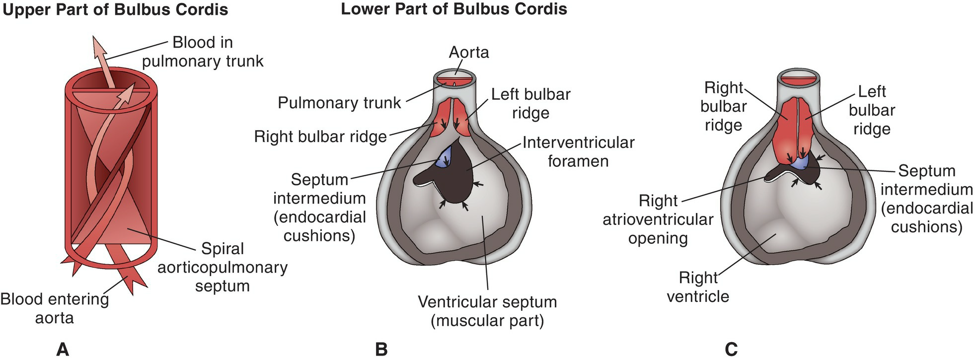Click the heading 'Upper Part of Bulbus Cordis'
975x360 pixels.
[115, 10]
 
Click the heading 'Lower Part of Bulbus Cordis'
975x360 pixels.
[453, 9]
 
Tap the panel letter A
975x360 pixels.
[62, 349]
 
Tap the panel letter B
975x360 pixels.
[381, 349]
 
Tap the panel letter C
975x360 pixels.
[731, 349]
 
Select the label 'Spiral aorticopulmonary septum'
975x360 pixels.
[222, 267]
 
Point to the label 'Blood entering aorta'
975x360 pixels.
[54, 308]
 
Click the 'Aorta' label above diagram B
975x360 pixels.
[468, 52]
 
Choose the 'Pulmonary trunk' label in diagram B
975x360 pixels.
[339, 103]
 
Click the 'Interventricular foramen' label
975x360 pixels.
[578, 151]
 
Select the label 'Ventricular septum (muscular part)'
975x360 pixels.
[487, 311]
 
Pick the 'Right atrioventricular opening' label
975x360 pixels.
[658, 219]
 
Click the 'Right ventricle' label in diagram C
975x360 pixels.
[698, 287]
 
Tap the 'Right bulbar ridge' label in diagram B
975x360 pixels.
[320, 137]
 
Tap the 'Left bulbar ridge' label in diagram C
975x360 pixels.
[872, 110]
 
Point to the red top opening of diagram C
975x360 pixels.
[797, 78]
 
